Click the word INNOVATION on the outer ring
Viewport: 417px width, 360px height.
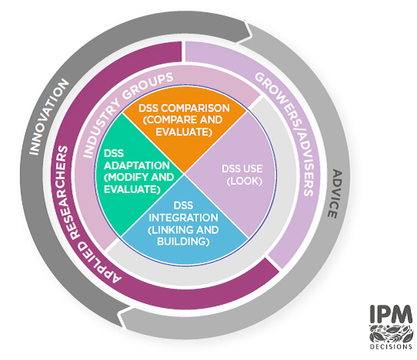coord(48,117)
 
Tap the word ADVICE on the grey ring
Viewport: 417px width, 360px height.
coord(333,194)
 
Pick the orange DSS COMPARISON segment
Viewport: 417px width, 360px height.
coord(185,133)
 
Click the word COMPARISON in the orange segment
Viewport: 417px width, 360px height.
coord(195,108)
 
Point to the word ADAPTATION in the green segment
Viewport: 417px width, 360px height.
coord(136,165)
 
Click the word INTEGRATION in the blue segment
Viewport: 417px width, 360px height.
coord(183,218)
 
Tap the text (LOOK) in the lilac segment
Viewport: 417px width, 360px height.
coord(245,181)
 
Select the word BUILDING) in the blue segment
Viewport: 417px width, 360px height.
coord(183,241)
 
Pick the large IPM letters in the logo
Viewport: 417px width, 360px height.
coord(391,314)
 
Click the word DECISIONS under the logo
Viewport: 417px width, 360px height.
coord(391,346)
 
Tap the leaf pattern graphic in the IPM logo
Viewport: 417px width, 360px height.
coord(391,333)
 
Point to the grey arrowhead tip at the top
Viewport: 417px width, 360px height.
coord(251,34)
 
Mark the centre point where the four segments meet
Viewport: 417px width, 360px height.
coord(185,175)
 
